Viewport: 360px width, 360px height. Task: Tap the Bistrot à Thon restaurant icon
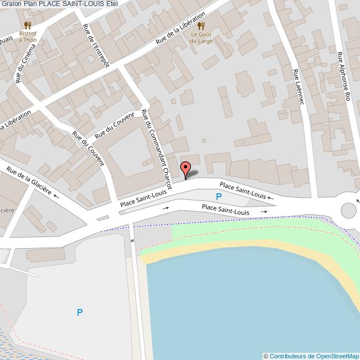[x=28, y=25]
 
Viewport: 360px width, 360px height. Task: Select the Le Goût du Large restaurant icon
[x=201, y=25]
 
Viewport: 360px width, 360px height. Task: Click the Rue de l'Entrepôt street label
[x=96, y=45]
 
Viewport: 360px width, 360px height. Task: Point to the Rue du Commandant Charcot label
[x=156, y=149]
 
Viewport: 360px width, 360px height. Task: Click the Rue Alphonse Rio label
[x=343, y=76]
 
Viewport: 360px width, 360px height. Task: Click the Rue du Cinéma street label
[x=25, y=63]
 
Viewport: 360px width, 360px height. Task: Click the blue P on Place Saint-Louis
[x=219, y=197]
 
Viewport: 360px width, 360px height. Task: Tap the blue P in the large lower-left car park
[x=80, y=312]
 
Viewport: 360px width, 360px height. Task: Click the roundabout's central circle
[x=348, y=210]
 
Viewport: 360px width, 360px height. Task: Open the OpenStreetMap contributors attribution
[x=311, y=356]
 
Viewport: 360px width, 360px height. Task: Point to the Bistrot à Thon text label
[x=28, y=37]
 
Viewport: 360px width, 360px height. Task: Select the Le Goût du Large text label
[x=202, y=37]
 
